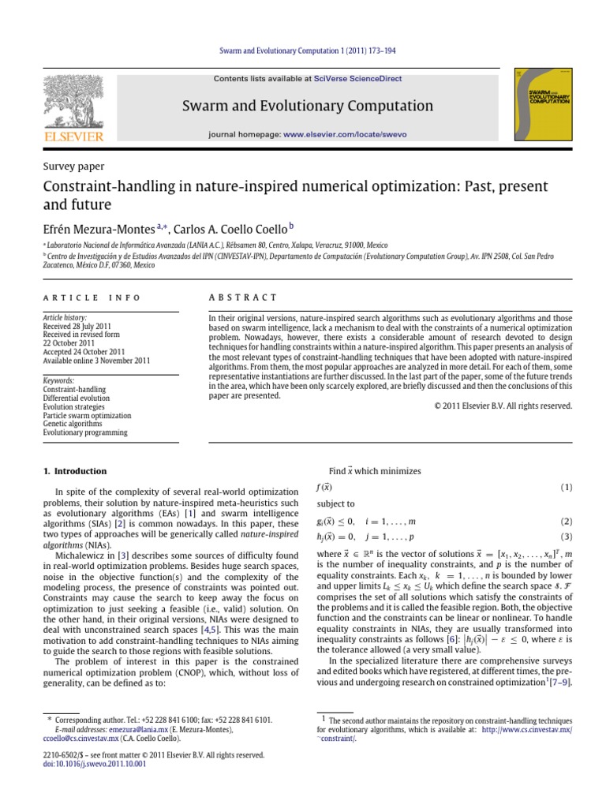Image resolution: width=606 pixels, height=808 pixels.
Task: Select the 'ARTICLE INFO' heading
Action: pos(92,297)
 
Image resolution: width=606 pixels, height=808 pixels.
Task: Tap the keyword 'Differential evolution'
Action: pos(79,397)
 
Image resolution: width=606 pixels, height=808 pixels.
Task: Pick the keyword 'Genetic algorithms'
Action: pos(73,424)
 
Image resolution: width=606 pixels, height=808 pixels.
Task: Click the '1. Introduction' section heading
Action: pos(74,471)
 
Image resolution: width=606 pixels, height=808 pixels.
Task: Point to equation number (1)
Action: pos(566,488)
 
